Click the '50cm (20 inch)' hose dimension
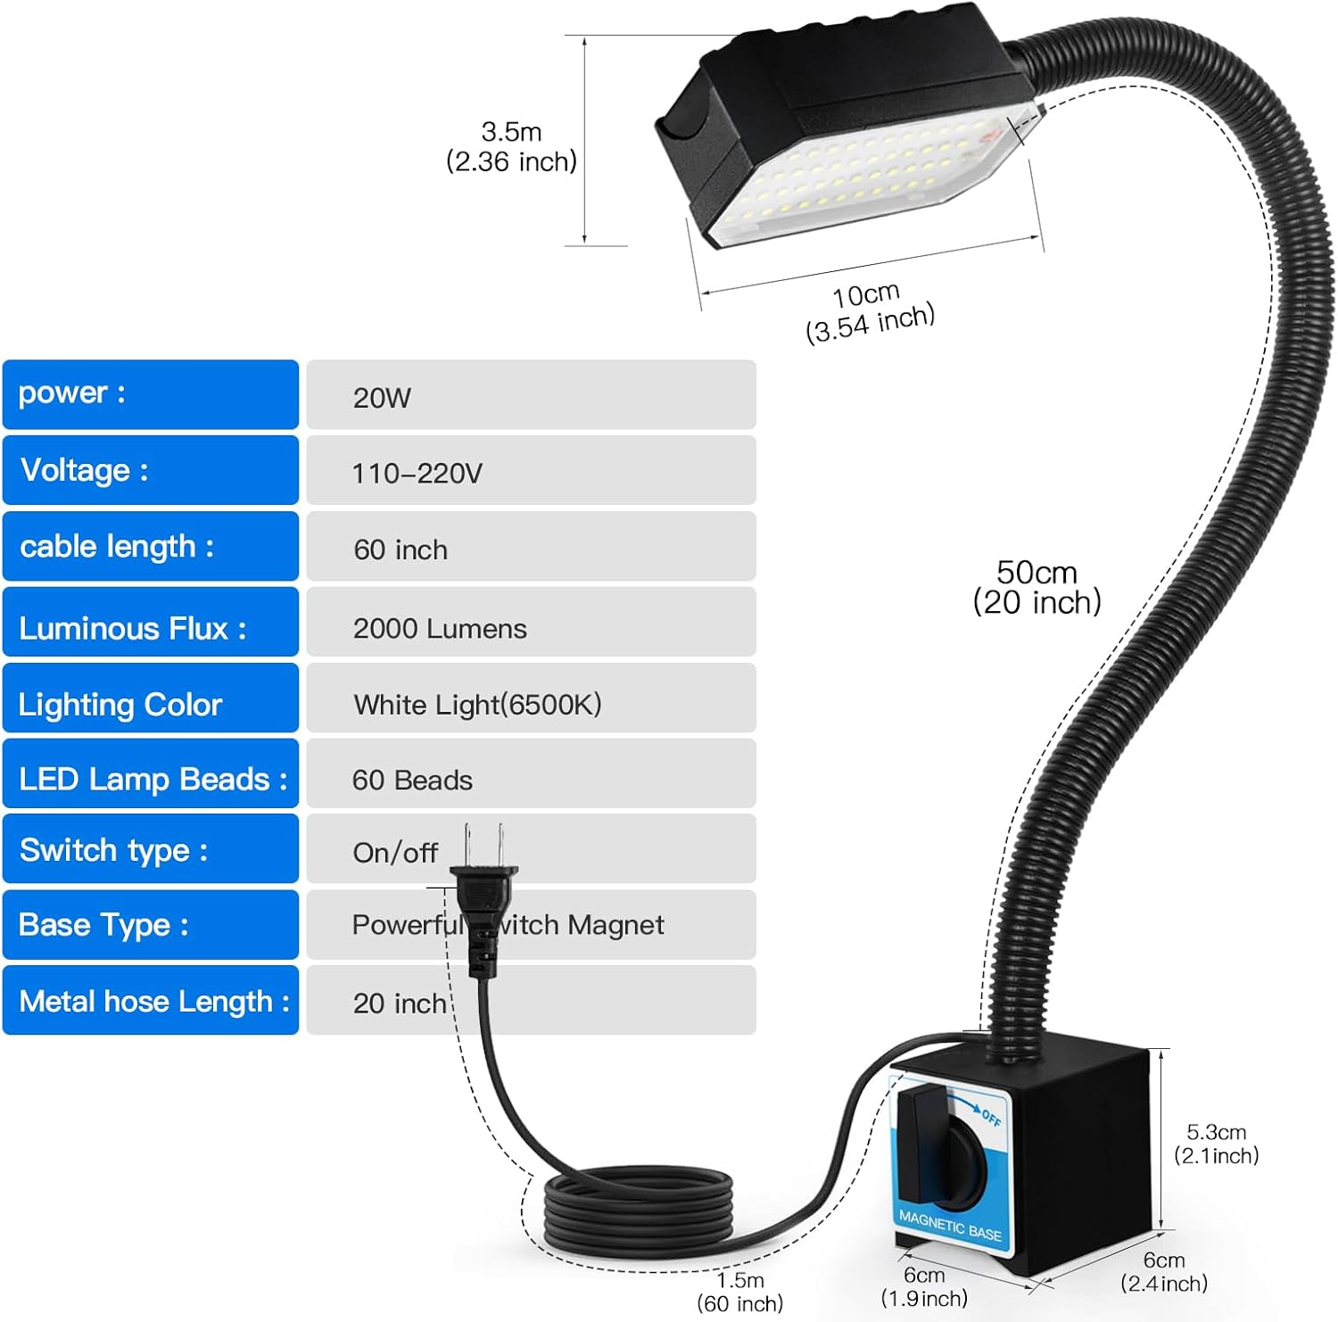(1037, 588)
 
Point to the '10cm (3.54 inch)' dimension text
(869, 311)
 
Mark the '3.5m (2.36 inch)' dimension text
(511, 147)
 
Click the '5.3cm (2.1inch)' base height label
(1216, 1144)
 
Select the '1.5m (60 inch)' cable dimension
(739, 1292)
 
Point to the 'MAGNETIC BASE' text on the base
(950, 1225)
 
